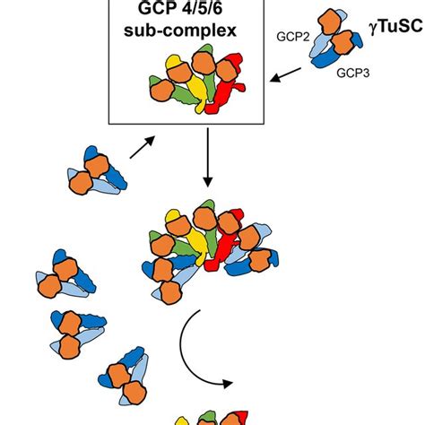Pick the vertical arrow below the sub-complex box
208,160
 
